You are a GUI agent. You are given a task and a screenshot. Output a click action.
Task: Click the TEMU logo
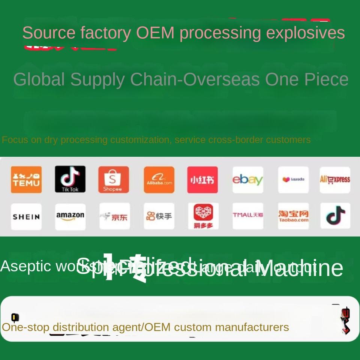coord(26,180)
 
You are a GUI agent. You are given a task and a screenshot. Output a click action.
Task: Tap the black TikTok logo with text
coord(70,179)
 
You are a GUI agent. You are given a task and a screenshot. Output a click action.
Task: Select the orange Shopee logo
coord(113,180)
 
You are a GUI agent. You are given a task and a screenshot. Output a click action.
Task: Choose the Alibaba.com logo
coord(159,180)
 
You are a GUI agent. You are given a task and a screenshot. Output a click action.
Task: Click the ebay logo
coord(247,180)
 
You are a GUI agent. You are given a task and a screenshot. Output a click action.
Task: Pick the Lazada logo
coord(293,180)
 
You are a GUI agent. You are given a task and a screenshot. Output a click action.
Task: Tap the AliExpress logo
coord(335,180)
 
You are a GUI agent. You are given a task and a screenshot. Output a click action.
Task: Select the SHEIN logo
coord(26,217)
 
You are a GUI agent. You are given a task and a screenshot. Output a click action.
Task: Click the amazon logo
coord(70,216)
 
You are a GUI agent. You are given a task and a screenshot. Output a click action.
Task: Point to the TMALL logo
coord(247,216)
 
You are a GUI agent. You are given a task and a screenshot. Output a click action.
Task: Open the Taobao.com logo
coord(293,216)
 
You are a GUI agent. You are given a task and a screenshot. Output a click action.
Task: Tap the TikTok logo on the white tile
coord(335,216)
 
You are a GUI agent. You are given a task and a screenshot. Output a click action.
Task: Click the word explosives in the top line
coord(305,33)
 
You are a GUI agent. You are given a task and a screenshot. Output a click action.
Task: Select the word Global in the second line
coord(39,79)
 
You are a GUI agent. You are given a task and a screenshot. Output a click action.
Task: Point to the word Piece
coord(326,79)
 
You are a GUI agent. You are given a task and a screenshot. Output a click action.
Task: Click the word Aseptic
coord(25,266)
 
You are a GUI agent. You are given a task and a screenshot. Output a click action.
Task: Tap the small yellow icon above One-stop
coord(15,318)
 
